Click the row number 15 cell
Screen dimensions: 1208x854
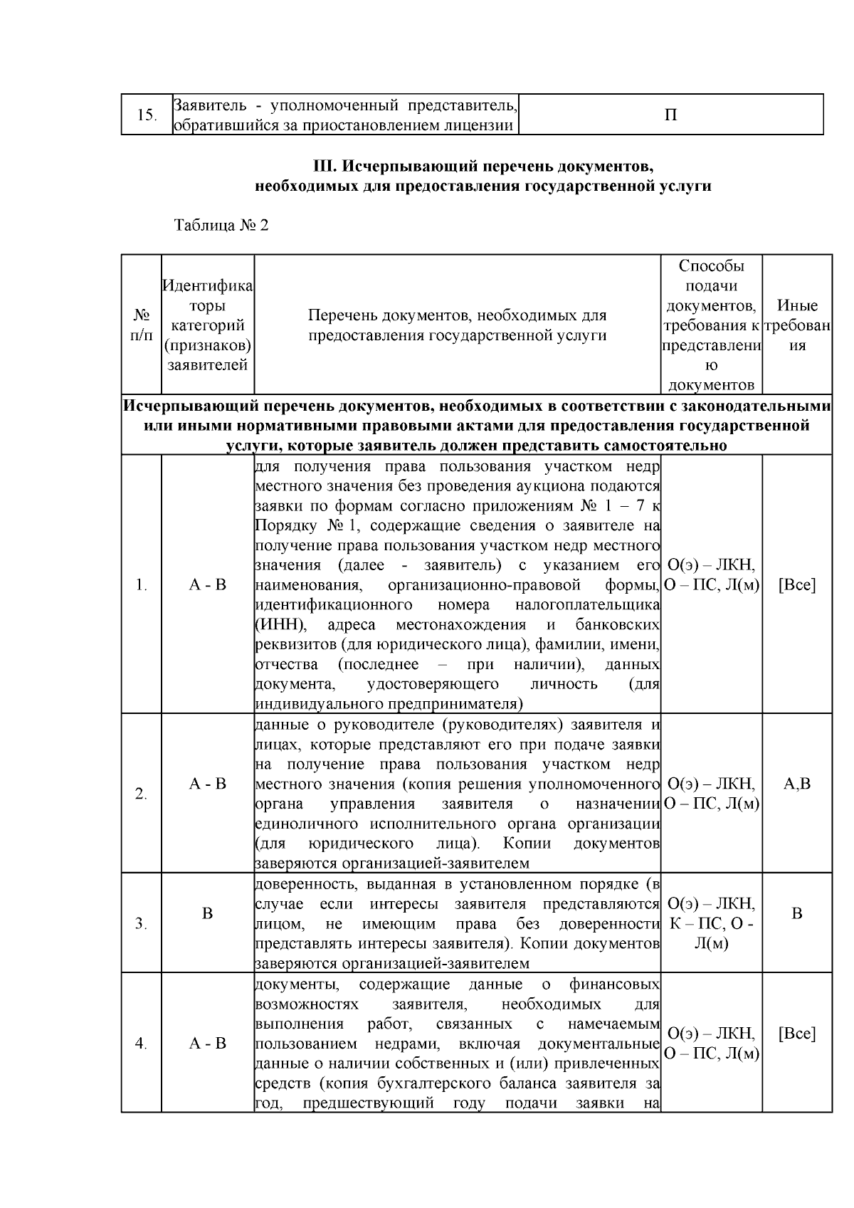click(146, 115)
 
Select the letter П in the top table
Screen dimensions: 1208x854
click(670, 115)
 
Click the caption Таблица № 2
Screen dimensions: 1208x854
click(221, 226)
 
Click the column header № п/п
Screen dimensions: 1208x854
click(141, 324)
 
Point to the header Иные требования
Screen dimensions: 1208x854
click(797, 325)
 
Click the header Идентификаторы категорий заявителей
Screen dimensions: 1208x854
click(207, 325)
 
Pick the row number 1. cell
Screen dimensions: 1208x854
click(141, 585)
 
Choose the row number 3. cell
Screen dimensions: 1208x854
click(141, 924)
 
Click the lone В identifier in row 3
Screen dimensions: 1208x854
click(207, 913)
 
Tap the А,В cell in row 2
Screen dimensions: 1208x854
click(797, 784)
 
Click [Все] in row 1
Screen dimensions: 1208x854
click(797, 585)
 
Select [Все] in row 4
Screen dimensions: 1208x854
click(797, 1034)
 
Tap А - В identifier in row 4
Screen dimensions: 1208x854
click(207, 1044)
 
